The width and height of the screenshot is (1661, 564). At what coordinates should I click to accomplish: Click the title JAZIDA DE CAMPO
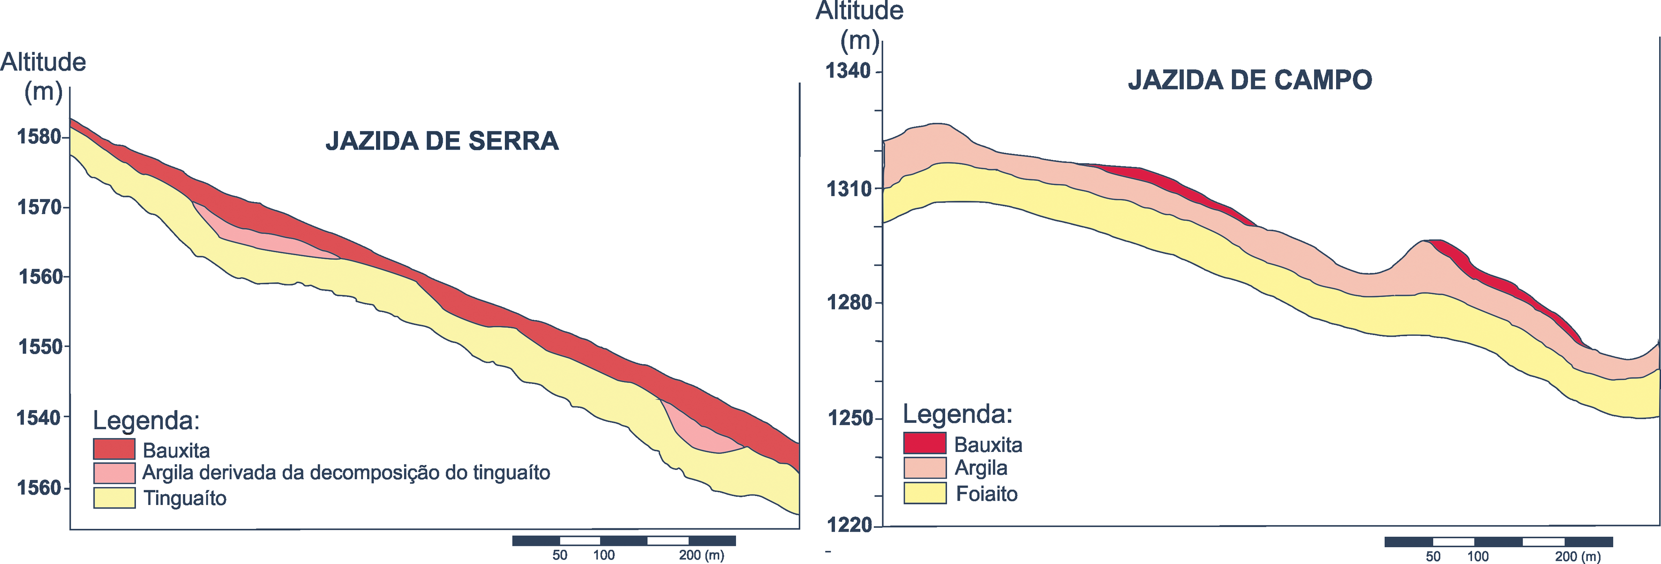point(1250,80)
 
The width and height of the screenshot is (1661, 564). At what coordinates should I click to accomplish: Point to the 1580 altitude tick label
point(39,136)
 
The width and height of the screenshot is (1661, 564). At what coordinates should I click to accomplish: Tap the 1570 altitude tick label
point(39,207)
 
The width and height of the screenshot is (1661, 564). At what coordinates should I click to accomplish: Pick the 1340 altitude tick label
point(849,70)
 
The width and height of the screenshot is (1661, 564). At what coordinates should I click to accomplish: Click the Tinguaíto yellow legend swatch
point(114,497)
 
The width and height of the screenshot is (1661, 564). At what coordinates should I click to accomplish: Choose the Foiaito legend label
point(986,494)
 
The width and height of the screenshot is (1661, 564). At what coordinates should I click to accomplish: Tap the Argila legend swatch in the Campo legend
point(924,467)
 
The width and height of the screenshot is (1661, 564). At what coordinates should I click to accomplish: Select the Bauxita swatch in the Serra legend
point(114,449)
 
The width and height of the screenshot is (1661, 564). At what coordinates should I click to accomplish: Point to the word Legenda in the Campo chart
point(957,414)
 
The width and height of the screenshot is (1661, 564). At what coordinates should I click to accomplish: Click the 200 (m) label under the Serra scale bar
point(701,555)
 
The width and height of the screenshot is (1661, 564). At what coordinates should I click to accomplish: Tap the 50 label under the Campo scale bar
point(1433,556)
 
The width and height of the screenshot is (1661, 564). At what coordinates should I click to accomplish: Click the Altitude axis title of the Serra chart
point(43,62)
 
